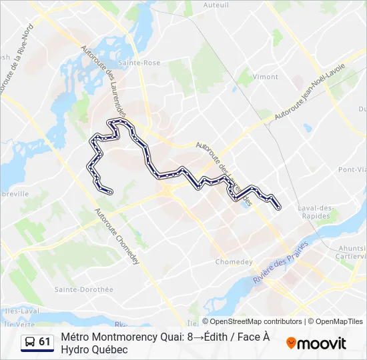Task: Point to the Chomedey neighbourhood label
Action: (x=232, y=261)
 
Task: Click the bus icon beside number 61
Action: (x=29, y=342)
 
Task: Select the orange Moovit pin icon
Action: (x=291, y=343)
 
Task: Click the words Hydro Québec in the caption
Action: (x=93, y=349)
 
